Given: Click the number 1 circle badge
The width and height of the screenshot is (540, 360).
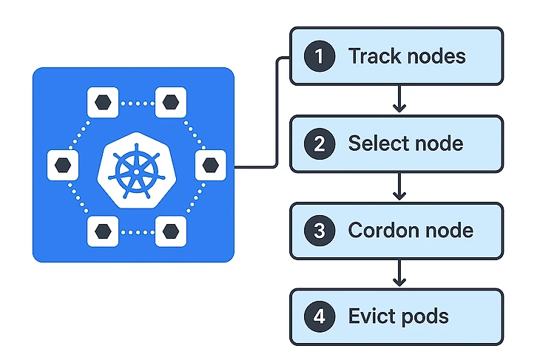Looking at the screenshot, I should (x=319, y=56).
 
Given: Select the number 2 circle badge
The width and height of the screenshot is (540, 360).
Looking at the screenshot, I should (x=319, y=143).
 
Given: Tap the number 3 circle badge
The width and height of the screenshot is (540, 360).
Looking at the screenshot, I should (x=319, y=230).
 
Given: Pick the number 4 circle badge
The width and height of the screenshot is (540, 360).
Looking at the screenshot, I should (x=319, y=316).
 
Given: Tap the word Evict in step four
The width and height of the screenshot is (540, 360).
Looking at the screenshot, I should (x=369, y=316).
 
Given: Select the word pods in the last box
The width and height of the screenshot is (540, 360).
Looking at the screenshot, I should (x=423, y=317).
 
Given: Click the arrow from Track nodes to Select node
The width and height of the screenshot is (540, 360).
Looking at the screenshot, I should (x=399, y=99).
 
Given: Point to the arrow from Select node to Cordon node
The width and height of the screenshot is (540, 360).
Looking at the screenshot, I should (x=399, y=186).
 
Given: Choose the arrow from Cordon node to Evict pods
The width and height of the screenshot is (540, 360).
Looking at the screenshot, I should (x=399, y=274).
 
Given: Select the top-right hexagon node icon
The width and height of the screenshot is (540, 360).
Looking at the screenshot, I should (x=171, y=101).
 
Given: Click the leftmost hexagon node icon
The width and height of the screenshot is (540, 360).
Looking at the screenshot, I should (x=62, y=165).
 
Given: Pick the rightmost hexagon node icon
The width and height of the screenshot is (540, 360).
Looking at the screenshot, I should (x=210, y=165).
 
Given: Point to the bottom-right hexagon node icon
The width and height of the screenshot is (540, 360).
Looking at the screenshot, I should (x=171, y=231).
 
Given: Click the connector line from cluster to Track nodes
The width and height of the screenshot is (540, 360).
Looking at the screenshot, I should (x=276, y=111).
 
